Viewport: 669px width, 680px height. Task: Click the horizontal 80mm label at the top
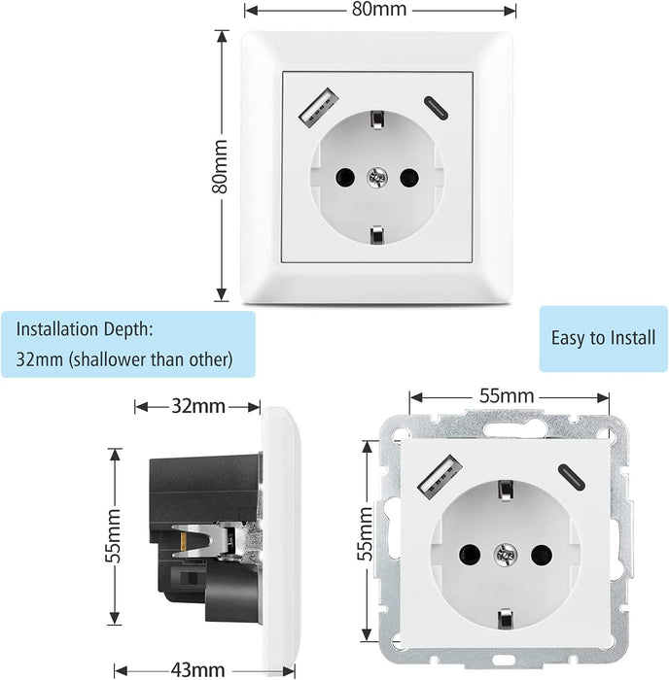(x=378, y=11)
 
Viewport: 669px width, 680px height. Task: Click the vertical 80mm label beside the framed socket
(x=221, y=166)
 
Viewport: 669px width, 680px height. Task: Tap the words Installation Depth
(x=85, y=329)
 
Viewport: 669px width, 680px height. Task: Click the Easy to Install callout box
(x=603, y=338)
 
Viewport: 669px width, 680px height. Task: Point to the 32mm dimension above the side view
(x=197, y=406)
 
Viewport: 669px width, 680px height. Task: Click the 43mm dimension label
(x=197, y=669)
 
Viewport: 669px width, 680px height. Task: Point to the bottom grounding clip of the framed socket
(x=376, y=235)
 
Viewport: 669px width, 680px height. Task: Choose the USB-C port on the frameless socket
(x=567, y=475)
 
